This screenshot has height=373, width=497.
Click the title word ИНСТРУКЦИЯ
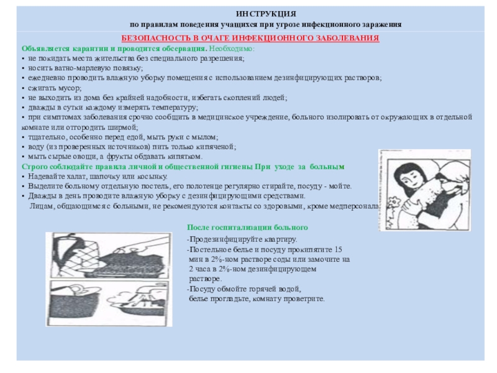click(266, 13)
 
